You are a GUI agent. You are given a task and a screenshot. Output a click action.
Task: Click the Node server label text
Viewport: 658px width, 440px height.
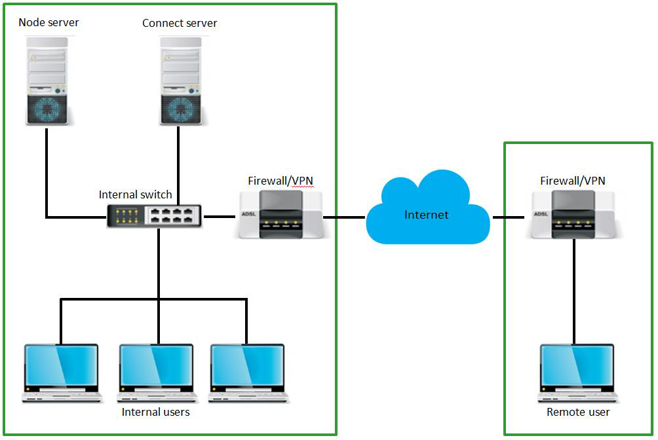tap(48, 22)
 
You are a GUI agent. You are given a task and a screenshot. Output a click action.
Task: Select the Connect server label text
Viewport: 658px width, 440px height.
tap(180, 23)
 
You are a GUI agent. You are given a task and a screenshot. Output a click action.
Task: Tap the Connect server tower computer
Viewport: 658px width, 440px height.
tap(180, 79)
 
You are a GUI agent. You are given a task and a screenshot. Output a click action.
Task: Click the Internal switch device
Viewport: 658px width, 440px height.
tap(155, 215)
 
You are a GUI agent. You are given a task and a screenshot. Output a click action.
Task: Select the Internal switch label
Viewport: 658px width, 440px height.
tap(135, 194)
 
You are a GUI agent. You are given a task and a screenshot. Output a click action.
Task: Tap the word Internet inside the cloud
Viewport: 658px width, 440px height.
tap(427, 215)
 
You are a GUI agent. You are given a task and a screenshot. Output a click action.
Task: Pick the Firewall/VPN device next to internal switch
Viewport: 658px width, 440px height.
tap(280, 214)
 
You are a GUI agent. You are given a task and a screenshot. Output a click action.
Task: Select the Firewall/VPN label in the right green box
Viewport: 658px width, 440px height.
tap(572, 180)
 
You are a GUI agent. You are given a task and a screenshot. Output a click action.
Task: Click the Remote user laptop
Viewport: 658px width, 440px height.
tap(577, 372)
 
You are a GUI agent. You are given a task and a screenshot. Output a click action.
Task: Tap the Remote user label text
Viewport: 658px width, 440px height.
tap(578, 412)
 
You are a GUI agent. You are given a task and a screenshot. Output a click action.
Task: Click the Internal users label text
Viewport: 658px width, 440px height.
tap(156, 412)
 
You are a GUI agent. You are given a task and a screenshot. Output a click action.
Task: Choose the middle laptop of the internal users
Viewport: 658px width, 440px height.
tap(157, 372)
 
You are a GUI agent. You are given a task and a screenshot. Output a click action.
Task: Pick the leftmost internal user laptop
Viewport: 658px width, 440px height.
tap(62, 372)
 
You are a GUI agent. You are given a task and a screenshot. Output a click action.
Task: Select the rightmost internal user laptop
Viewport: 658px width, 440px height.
tap(248, 372)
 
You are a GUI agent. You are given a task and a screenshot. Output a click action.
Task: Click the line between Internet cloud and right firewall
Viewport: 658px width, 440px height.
tap(507, 217)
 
